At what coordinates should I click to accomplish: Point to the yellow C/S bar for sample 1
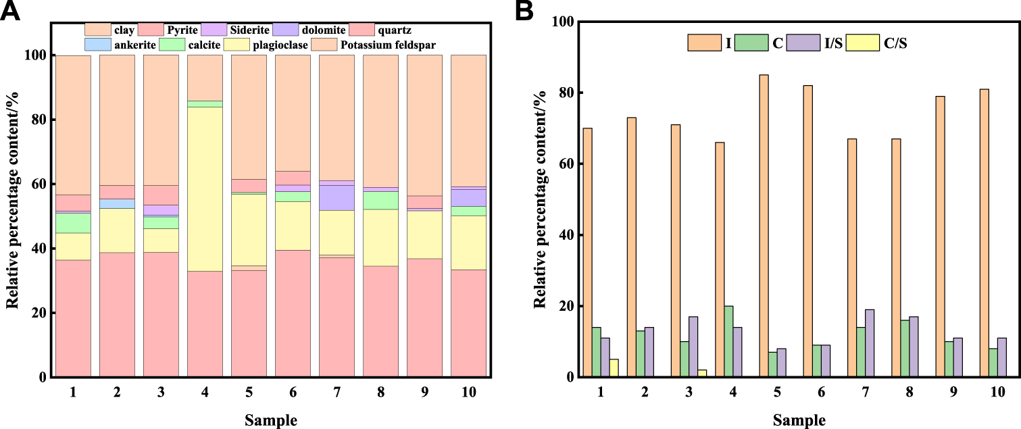[614, 368]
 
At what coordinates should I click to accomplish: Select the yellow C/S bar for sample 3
[701, 374]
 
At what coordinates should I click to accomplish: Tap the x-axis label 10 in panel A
[468, 393]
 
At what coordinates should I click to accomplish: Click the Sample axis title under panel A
[270, 420]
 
